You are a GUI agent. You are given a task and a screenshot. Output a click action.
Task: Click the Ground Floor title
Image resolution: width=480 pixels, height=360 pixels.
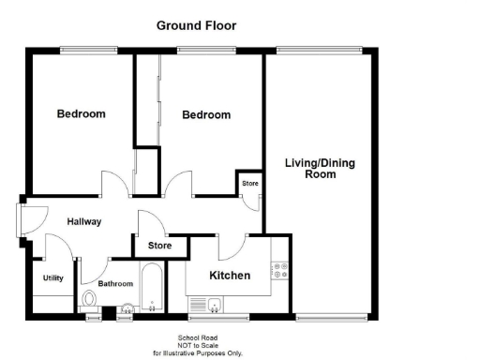196,25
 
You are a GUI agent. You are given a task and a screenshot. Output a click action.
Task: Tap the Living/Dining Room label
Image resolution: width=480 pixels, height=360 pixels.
320,169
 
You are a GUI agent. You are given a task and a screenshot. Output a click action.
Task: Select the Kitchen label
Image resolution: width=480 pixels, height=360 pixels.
230,276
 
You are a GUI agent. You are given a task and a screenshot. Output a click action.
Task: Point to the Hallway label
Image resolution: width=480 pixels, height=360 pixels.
84,221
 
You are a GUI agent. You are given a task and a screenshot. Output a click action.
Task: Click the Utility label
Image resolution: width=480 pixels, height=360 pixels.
53,277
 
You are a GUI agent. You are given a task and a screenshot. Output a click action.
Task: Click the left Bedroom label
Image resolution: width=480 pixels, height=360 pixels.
82,114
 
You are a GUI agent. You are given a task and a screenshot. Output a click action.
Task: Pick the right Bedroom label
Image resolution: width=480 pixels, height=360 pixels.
206,115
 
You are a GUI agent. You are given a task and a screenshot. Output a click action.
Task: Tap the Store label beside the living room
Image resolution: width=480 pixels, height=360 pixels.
250,184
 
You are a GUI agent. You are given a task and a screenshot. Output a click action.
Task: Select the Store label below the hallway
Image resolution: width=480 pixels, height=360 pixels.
161,246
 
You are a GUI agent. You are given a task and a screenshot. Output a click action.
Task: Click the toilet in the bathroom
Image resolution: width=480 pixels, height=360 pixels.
91,300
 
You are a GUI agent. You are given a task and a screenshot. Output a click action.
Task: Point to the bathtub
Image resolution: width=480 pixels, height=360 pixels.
153,292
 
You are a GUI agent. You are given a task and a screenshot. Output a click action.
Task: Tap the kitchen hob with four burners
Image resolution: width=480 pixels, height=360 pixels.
278,272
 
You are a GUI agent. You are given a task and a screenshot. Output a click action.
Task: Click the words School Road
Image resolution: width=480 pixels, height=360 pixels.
197,337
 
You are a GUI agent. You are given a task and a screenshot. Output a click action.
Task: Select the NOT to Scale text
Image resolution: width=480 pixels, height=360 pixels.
197,345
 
